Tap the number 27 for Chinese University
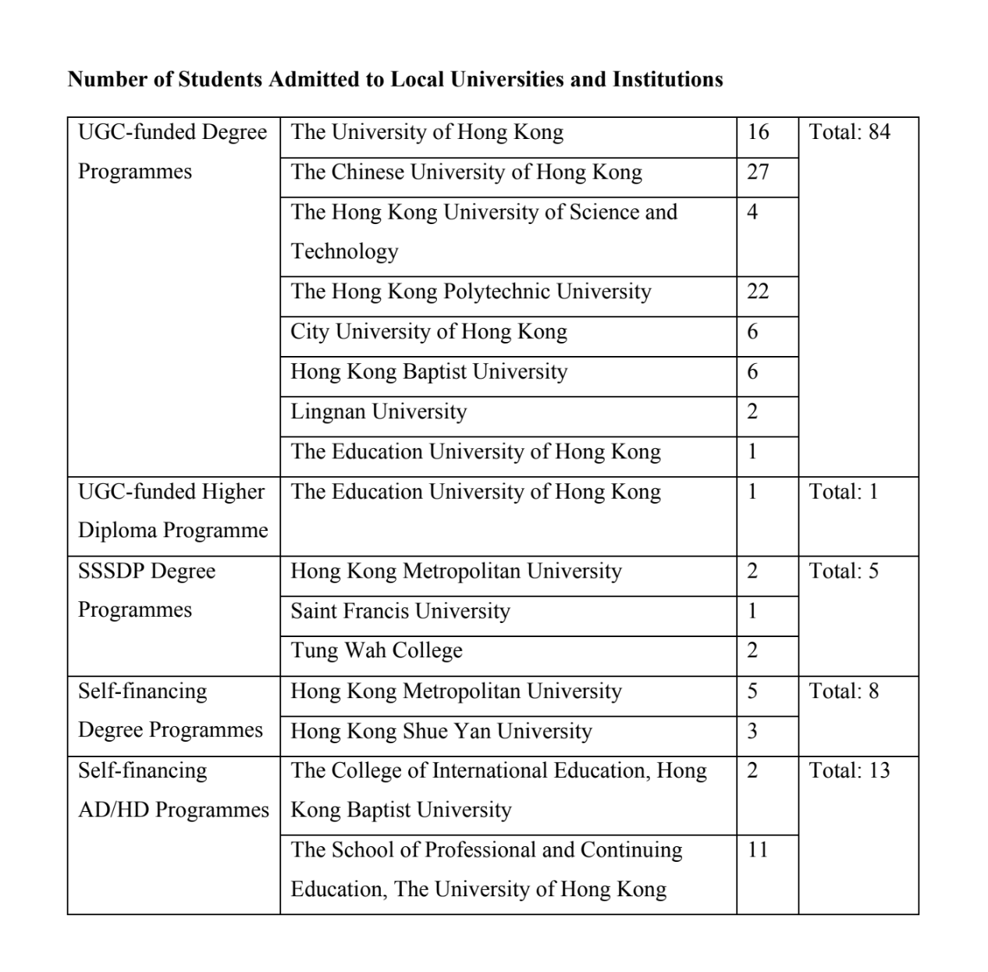(757, 172)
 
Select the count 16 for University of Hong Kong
(757, 132)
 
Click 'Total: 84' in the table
(849, 132)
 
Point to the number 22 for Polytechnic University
(757, 291)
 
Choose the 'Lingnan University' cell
(378, 411)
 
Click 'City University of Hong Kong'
(428, 332)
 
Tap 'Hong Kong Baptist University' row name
(428, 372)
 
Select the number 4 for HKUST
(752, 212)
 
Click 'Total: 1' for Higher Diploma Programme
(843, 492)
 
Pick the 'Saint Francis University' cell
(400, 611)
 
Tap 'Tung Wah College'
(376, 650)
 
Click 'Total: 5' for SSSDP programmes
(843, 571)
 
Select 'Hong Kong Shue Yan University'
(441, 732)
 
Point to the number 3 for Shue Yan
(752, 732)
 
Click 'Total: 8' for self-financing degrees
(843, 691)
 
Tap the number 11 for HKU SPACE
(757, 849)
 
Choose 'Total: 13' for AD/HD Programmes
(849, 771)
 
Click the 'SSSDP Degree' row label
(147, 571)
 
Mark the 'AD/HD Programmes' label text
(173, 810)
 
